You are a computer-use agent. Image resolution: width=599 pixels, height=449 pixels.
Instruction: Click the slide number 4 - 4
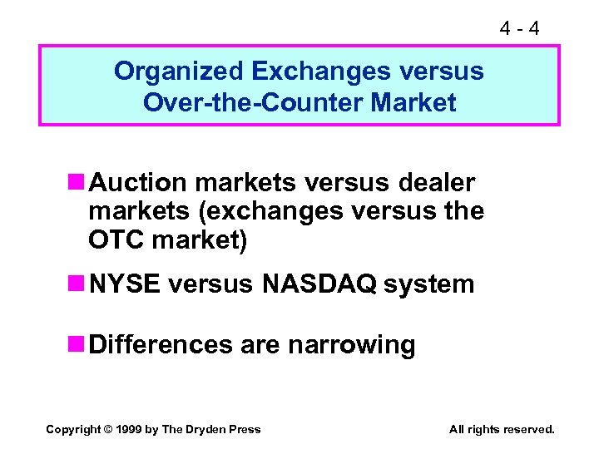(519, 28)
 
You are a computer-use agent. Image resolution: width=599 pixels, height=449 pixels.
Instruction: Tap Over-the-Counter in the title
(254, 103)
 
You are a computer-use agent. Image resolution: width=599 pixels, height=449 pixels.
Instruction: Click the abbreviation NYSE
(125, 284)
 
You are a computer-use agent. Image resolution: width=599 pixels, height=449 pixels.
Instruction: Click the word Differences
(161, 344)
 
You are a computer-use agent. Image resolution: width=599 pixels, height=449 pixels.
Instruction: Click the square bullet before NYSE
(78, 284)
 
